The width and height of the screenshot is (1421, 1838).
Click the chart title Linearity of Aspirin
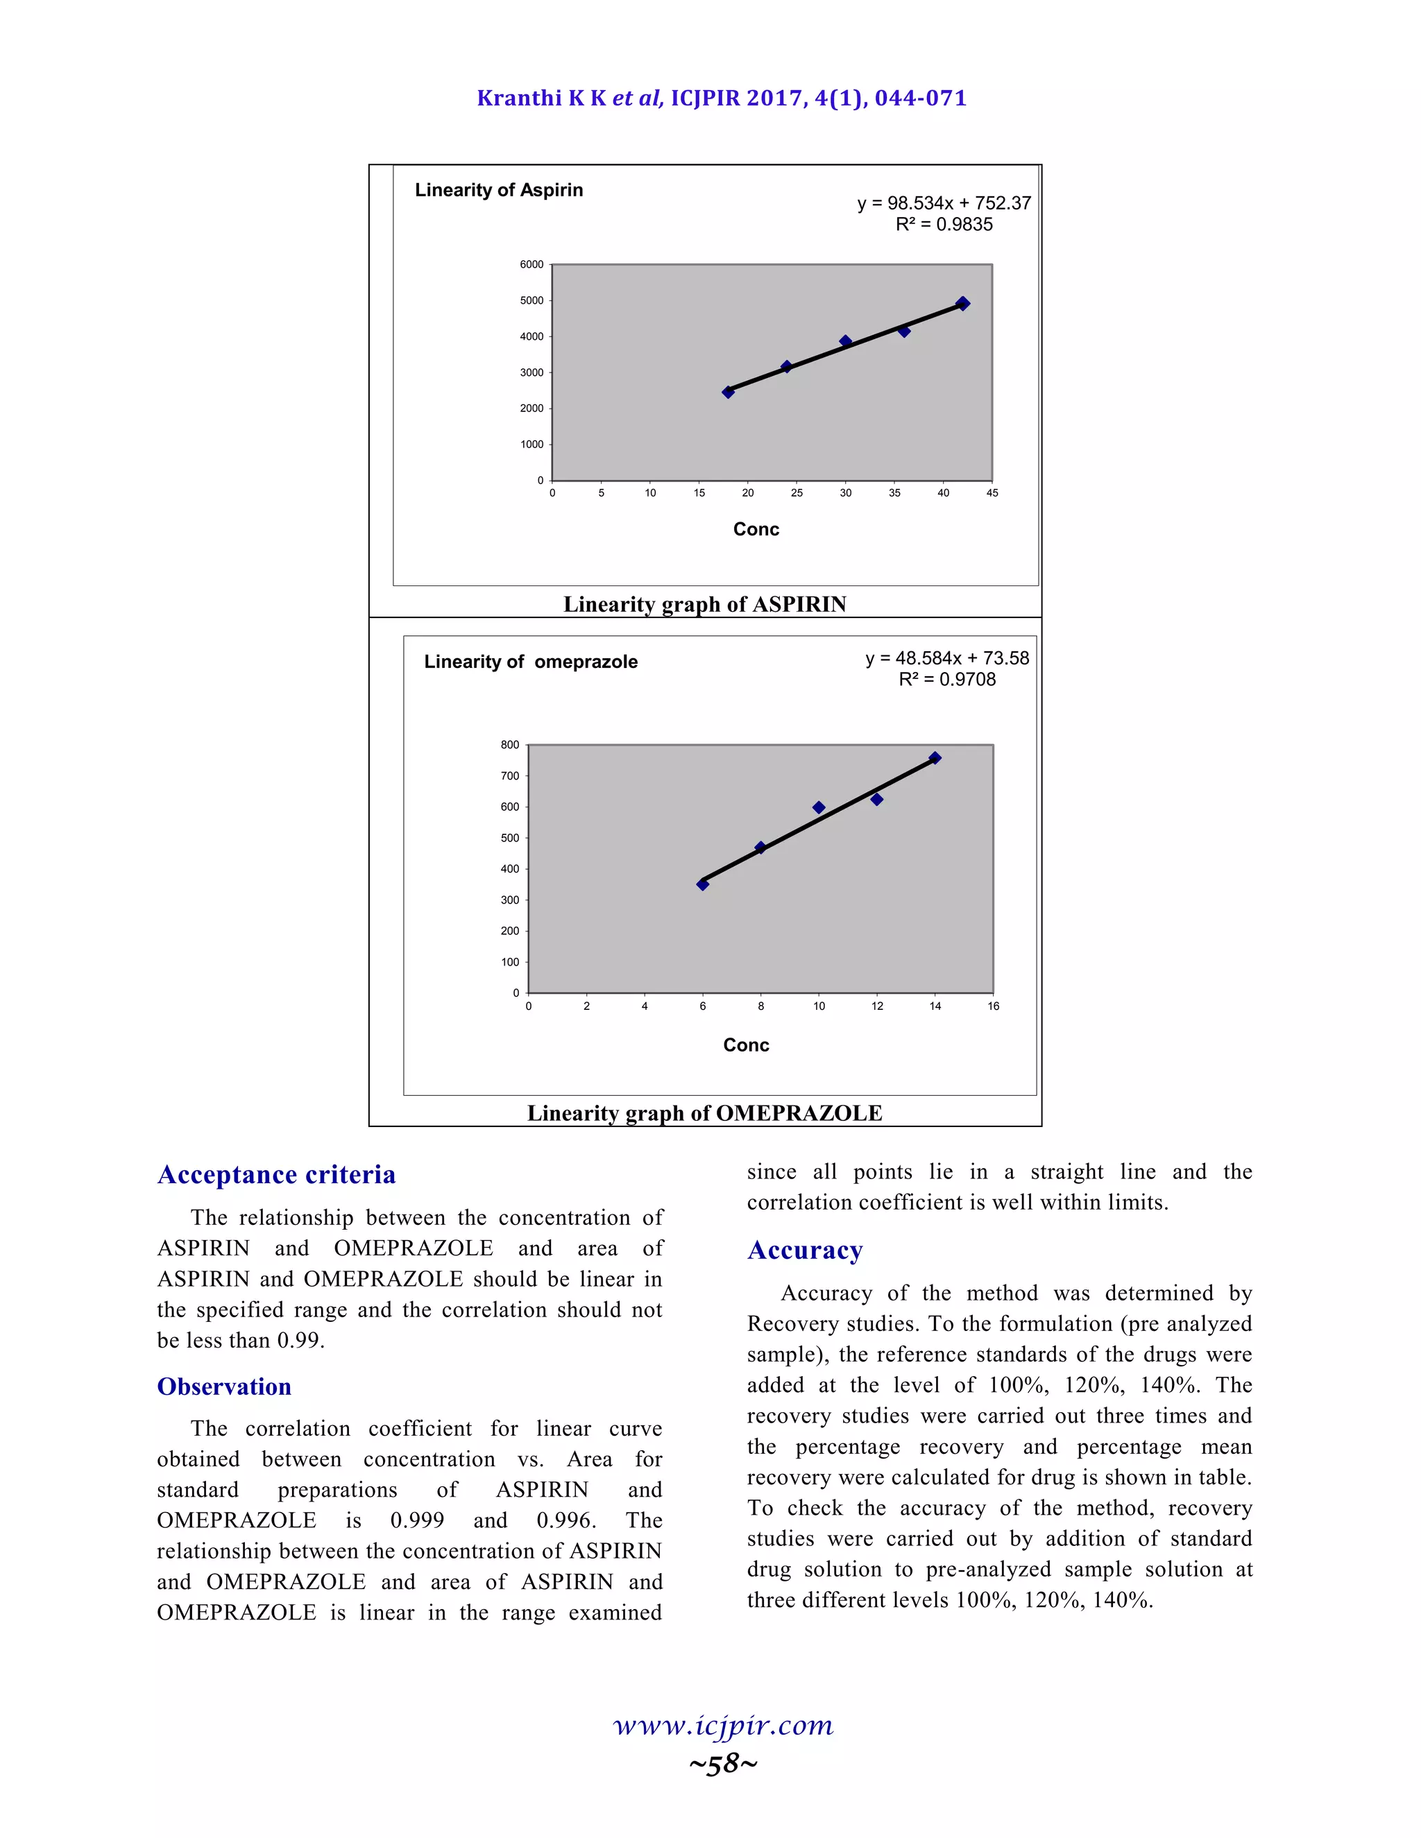[498, 190]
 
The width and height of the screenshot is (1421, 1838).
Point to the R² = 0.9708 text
[947, 679]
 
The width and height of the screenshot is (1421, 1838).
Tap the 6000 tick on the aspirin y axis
[531, 264]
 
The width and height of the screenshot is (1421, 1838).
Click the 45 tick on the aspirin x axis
[992, 493]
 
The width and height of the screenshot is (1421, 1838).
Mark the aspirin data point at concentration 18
[728, 392]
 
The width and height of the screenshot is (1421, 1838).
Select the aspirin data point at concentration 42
[963, 304]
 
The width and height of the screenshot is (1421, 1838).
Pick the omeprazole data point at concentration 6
[703, 884]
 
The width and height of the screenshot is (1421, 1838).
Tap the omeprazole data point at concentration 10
[818, 808]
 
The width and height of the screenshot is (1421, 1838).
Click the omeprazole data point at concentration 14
[935, 758]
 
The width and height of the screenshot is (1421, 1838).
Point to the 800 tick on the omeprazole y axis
[509, 745]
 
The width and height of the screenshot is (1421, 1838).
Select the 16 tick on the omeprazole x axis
[994, 1006]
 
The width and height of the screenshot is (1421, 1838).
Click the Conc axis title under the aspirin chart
[756, 529]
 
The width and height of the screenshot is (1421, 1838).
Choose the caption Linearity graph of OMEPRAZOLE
[705, 1113]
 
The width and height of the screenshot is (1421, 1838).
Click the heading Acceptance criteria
[276, 1174]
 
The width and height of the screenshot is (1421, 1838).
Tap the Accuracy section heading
[805, 1250]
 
